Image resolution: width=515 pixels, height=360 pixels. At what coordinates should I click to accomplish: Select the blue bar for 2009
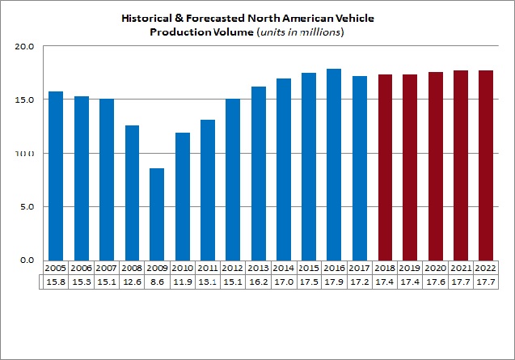[157, 214]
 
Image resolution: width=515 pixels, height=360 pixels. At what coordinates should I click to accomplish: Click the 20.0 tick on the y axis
[24, 46]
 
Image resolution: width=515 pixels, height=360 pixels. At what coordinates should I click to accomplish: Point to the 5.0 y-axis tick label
[26, 206]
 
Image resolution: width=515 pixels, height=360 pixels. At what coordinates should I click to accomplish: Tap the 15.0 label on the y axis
[24, 100]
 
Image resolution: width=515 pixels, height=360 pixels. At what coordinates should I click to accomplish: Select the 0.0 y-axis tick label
[26, 260]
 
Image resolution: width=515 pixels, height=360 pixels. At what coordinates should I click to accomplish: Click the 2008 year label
[132, 268]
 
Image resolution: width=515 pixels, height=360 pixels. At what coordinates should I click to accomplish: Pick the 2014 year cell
[283, 268]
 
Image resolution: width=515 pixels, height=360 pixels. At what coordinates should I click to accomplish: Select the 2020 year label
[436, 268]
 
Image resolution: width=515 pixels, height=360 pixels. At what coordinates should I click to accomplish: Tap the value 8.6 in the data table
[158, 282]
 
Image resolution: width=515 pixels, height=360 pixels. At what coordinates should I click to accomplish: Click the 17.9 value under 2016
[333, 282]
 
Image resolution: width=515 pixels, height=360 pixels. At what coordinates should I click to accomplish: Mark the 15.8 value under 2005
[56, 282]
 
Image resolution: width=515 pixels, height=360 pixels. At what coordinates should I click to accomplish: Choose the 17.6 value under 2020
[436, 282]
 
